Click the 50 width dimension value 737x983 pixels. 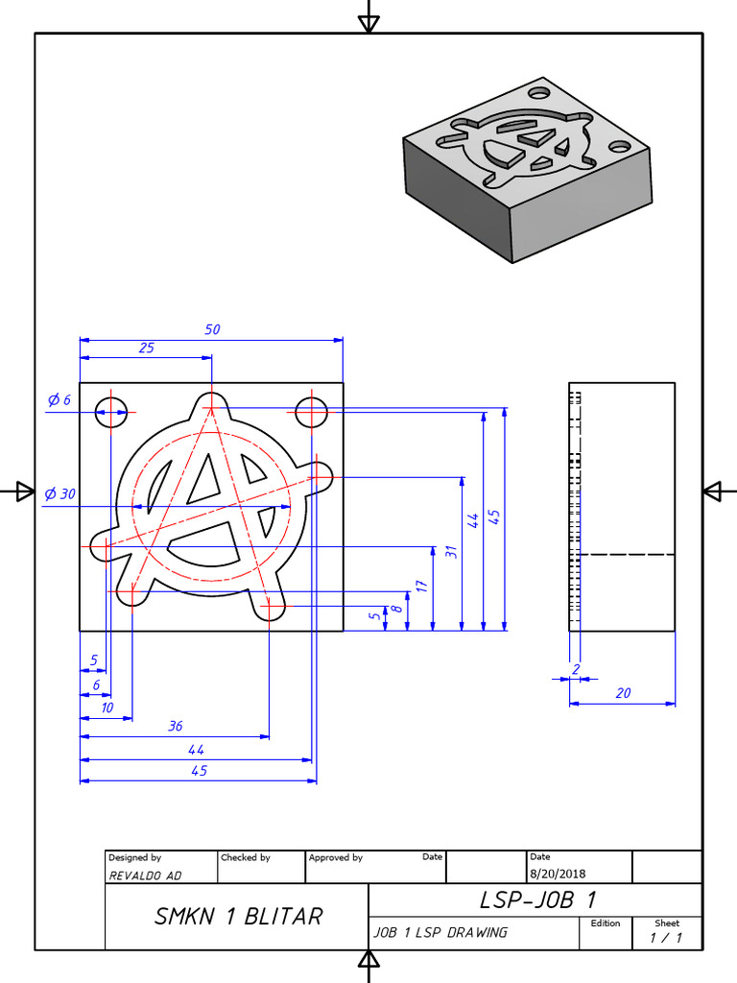(212, 329)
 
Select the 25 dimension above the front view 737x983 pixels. (146, 348)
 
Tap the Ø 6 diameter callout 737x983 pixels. (59, 399)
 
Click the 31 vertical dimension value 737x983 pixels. (451, 552)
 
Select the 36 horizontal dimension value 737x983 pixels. (176, 727)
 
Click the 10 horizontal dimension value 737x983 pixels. (107, 707)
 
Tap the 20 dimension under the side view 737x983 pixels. (623, 692)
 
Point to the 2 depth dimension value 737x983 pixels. (576, 668)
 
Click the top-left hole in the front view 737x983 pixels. (110, 413)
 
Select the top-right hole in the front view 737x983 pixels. (312, 413)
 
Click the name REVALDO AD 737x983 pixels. (144, 875)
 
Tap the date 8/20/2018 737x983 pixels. (557, 874)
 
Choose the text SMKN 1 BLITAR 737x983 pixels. (238, 917)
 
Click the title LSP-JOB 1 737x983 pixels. (537, 899)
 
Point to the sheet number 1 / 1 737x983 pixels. (666, 938)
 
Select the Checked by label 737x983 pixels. (246, 857)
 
